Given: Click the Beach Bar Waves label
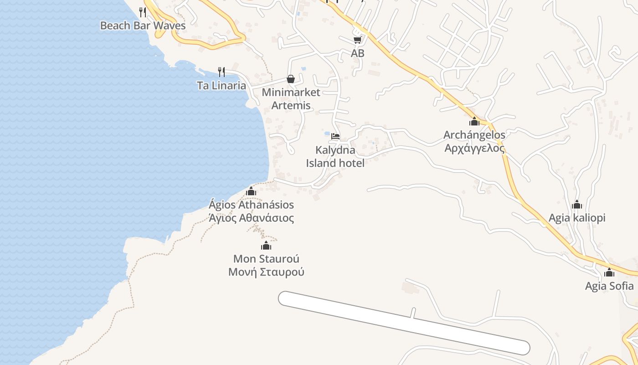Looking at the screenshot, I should click(x=143, y=25).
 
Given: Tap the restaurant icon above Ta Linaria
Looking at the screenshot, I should click(x=221, y=72).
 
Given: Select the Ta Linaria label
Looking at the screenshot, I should click(x=221, y=85).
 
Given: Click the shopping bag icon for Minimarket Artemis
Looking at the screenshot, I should click(x=291, y=79).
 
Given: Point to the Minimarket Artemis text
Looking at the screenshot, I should click(x=291, y=99).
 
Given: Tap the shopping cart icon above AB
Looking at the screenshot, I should click(x=357, y=40).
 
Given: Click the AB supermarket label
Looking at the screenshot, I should click(x=358, y=53).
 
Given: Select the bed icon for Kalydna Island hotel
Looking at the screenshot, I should click(x=335, y=136).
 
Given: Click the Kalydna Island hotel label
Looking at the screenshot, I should click(x=335, y=156).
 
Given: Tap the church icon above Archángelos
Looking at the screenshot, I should click(x=474, y=121).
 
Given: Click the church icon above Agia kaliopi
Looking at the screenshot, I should click(x=577, y=204).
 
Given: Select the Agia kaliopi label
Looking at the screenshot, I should click(x=577, y=218).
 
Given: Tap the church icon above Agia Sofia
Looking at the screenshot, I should click(x=609, y=273).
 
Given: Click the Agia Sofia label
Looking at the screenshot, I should click(x=609, y=286).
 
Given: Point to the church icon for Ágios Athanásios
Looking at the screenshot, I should click(x=251, y=191).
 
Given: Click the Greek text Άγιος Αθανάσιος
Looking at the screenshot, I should click(x=251, y=218).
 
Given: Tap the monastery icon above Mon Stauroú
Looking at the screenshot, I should click(x=266, y=246).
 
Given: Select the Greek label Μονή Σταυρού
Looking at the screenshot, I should click(x=266, y=272).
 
